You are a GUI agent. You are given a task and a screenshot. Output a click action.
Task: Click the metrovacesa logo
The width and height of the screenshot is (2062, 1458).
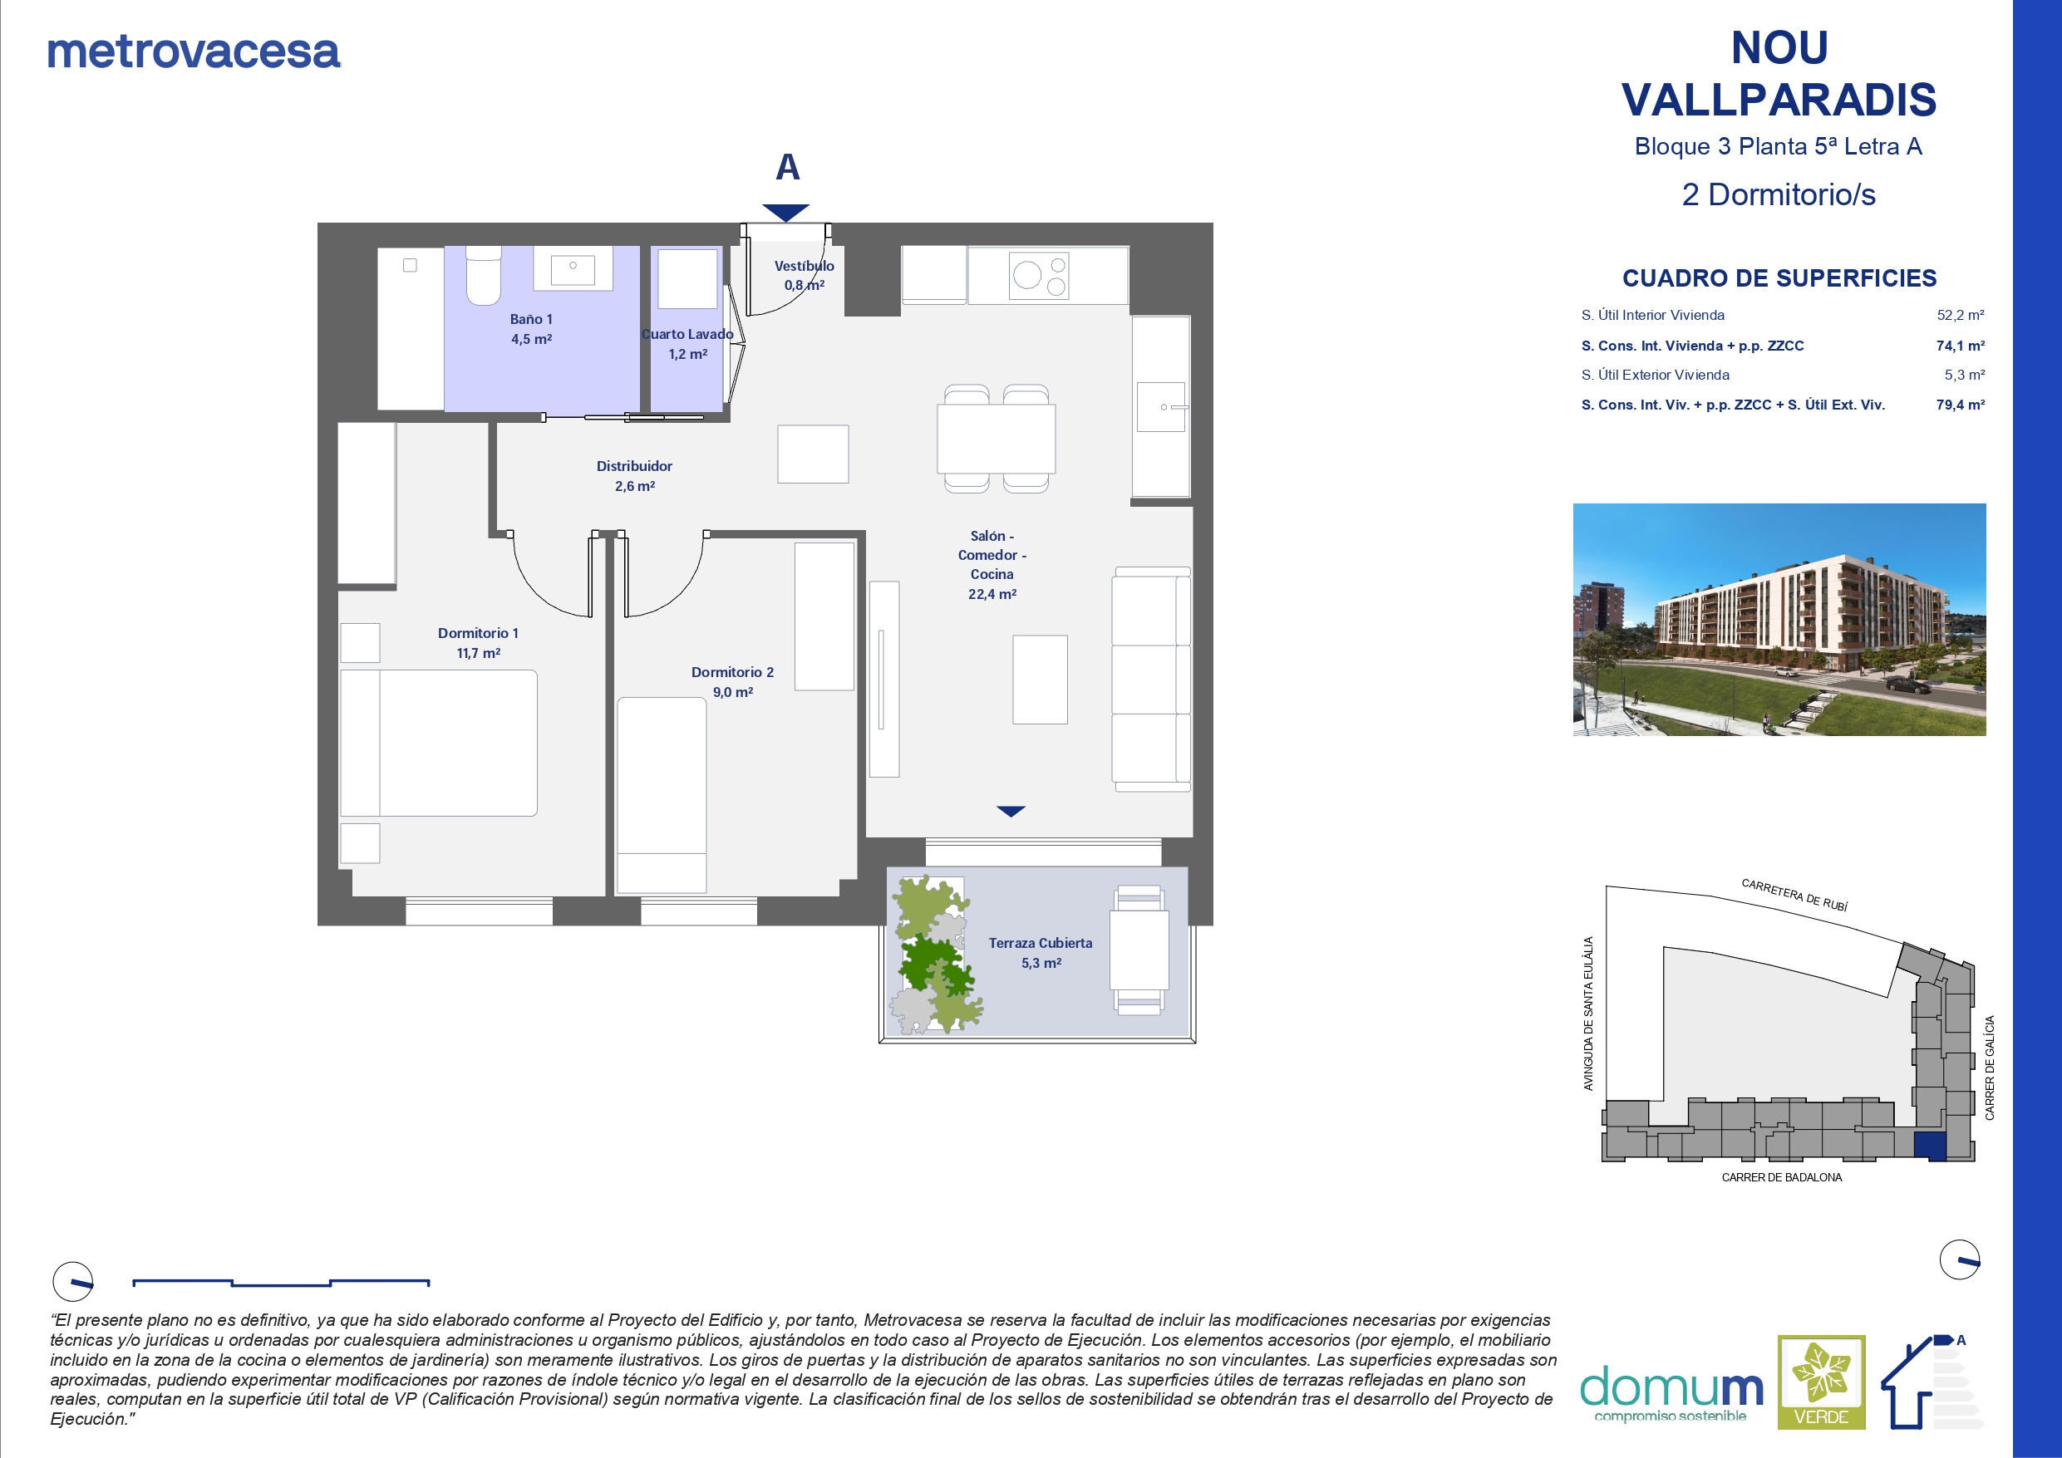pyautogui.click(x=193, y=52)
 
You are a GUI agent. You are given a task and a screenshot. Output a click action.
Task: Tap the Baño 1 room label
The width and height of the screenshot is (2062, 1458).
pyautogui.click(x=531, y=329)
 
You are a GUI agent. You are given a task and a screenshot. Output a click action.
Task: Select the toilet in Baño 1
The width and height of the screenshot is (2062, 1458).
pyautogui.click(x=483, y=276)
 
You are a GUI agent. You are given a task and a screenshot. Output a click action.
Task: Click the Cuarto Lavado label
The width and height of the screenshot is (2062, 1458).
pyautogui.click(x=687, y=344)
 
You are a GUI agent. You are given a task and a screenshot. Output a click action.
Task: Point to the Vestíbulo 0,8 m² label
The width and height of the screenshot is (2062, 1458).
pyautogui.click(x=804, y=275)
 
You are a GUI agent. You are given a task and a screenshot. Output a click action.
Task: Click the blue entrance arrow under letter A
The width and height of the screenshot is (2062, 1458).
pyautogui.click(x=786, y=213)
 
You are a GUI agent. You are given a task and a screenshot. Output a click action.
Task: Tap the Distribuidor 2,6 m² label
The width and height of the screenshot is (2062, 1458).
pyautogui.click(x=634, y=476)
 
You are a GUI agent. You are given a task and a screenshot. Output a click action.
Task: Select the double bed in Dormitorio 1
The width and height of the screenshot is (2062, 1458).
pyautogui.click(x=438, y=743)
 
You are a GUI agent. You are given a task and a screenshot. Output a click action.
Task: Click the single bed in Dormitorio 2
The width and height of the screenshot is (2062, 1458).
pyautogui.click(x=662, y=795)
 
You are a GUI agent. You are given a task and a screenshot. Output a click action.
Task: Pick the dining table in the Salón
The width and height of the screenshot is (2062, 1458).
pyautogui.click(x=996, y=438)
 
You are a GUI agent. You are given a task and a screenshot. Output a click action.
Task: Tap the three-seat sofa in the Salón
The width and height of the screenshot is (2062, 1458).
pyautogui.click(x=1151, y=680)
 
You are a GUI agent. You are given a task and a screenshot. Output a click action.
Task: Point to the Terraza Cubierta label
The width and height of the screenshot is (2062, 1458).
pyautogui.click(x=1041, y=953)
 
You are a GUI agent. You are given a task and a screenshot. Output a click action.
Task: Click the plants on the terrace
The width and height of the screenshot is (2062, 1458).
pyautogui.click(x=934, y=955)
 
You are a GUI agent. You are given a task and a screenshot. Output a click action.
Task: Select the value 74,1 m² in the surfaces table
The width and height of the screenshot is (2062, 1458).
pyautogui.click(x=1961, y=346)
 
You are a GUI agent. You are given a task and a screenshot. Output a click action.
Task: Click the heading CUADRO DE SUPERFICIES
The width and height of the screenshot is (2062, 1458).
pyautogui.click(x=1779, y=278)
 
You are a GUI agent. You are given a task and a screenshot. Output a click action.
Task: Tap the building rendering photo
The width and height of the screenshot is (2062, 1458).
pyautogui.click(x=1779, y=620)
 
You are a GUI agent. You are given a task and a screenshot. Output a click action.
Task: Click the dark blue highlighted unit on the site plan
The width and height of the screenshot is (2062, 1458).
pyautogui.click(x=1931, y=1146)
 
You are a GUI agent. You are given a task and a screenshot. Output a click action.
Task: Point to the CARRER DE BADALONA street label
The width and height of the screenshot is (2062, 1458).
pyautogui.click(x=1782, y=1177)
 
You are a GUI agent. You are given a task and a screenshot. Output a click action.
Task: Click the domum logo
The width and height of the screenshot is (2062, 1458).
pyautogui.click(x=1671, y=1393)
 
